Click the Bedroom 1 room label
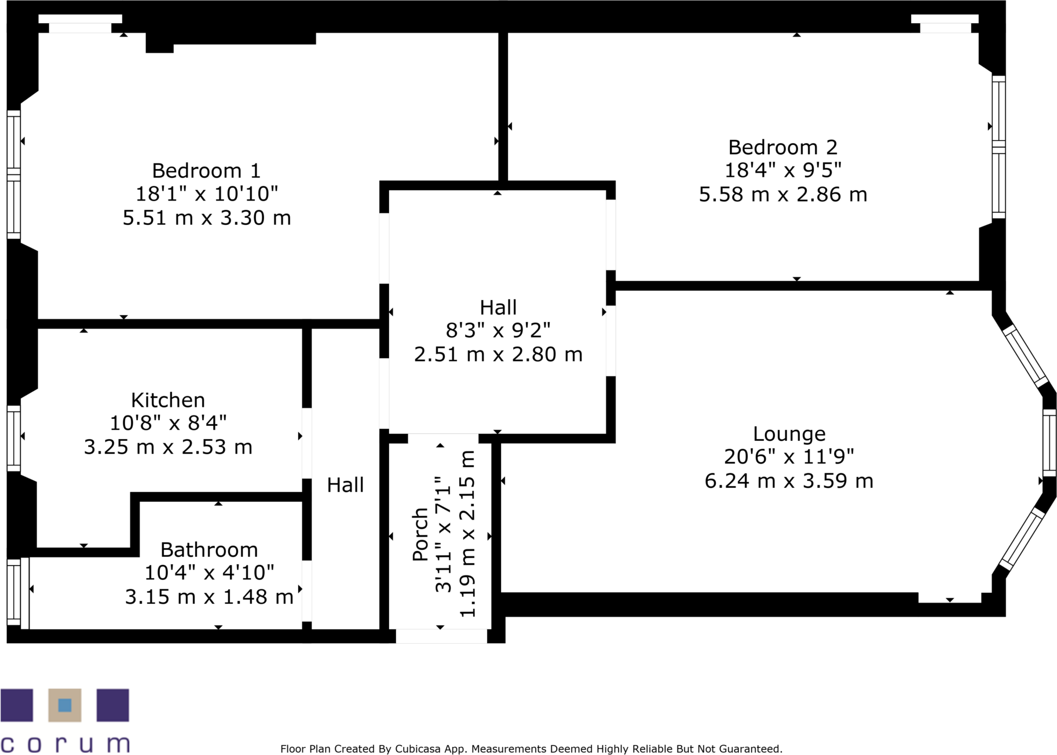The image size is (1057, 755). click(206, 171)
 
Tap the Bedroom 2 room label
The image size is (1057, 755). click(782, 147)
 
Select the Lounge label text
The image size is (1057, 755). click(789, 433)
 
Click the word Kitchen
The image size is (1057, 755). click(168, 400)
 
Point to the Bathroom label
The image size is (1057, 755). click(209, 549)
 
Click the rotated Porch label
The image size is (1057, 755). click(420, 534)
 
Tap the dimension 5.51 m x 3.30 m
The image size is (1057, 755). click(207, 218)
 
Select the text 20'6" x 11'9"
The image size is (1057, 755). click(789, 457)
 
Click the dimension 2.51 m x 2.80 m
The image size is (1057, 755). click(498, 354)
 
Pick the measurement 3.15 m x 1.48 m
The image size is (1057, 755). click(209, 597)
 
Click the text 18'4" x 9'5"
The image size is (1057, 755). click(782, 170)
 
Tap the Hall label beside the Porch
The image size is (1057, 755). click(345, 485)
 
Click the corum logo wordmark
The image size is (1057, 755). click(65, 743)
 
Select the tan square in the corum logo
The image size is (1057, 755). click(64, 705)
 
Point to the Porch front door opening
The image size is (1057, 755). click(441, 636)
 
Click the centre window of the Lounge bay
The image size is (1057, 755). click(1049, 443)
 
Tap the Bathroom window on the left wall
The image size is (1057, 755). click(14, 592)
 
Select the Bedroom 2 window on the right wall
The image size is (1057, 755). click(999, 147)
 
